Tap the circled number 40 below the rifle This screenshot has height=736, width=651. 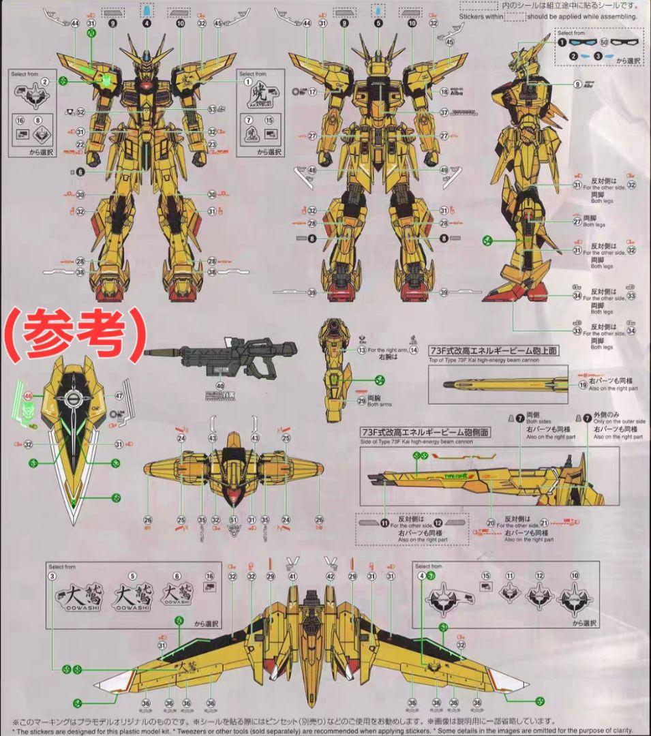(x=220, y=386)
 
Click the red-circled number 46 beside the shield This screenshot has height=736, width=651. (x=28, y=395)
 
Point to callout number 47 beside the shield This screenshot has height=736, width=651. (x=119, y=395)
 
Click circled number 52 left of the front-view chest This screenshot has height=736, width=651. (x=80, y=112)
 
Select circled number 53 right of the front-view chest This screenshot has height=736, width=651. (x=212, y=109)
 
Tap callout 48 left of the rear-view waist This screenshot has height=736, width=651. (x=312, y=170)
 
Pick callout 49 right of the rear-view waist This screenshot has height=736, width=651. (x=444, y=170)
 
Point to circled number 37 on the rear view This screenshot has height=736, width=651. (x=444, y=112)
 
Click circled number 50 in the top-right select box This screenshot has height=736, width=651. (x=604, y=42)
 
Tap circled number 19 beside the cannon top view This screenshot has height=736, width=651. (x=583, y=384)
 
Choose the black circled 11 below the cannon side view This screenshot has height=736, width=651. (x=384, y=523)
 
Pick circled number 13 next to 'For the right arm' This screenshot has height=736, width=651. (x=362, y=350)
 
